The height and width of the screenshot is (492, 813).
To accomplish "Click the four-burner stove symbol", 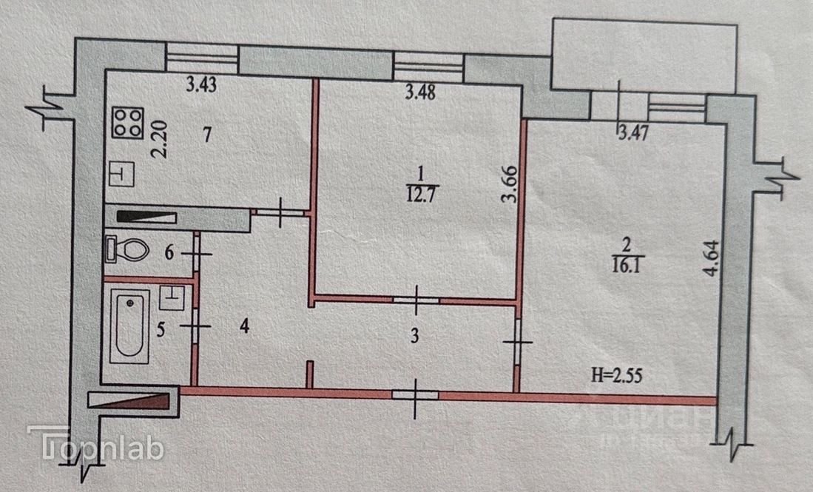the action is pyautogui.click(x=127, y=122).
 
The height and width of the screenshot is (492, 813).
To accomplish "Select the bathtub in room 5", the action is pyautogui.click(x=129, y=326).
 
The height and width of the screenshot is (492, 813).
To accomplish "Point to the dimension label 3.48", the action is pyautogui.click(x=420, y=92).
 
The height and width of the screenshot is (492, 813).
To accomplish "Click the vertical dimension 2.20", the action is pyautogui.click(x=160, y=141).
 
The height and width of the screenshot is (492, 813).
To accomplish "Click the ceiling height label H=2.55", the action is pyautogui.click(x=611, y=374).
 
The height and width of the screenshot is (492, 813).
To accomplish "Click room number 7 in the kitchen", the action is pyautogui.click(x=208, y=135).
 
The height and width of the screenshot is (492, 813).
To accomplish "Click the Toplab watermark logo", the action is pyautogui.click(x=95, y=445).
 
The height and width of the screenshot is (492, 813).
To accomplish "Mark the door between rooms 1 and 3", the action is pyautogui.click(x=416, y=300).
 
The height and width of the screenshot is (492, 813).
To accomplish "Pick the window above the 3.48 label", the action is pyautogui.click(x=428, y=66).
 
